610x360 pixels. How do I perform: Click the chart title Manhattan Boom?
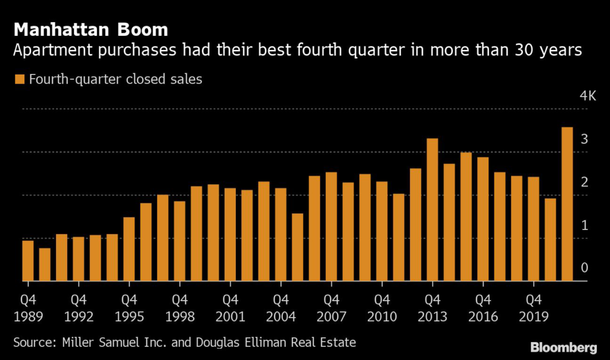click(x=90, y=29)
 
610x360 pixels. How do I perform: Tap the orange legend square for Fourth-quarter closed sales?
click(x=18, y=79)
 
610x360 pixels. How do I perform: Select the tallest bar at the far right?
click(x=567, y=204)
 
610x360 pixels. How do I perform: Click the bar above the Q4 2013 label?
click(x=432, y=210)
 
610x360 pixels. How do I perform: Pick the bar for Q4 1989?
click(x=27, y=260)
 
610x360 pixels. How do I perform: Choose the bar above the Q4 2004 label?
click(x=281, y=235)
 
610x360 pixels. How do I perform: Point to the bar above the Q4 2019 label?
click(x=534, y=229)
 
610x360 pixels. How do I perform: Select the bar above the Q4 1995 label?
click(x=129, y=249)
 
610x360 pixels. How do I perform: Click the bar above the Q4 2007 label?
click(x=331, y=226)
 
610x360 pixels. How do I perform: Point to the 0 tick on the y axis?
click(x=584, y=268)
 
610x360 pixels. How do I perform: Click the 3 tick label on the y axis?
click(x=584, y=139)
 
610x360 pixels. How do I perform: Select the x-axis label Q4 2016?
click(x=483, y=308)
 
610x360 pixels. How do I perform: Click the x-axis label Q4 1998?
click(x=179, y=308)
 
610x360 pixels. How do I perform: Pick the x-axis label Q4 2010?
click(x=382, y=308)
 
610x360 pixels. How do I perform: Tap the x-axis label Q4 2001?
click(x=230, y=308)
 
